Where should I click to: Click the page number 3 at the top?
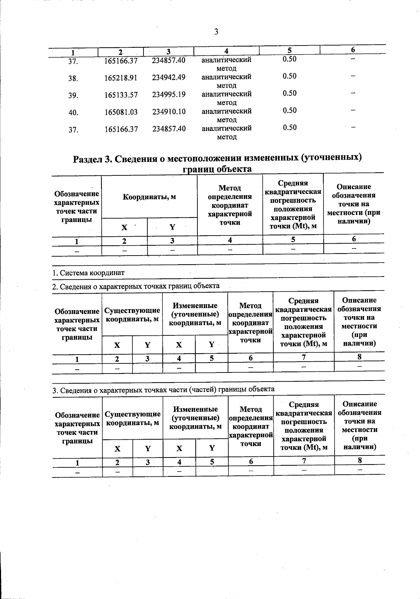click(x=216, y=32)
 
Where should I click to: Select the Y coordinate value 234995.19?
click(x=169, y=95)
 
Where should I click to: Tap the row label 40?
click(x=73, y=113)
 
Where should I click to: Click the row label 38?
click(x=73, y=79)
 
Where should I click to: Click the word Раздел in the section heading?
click(x=87, y=159)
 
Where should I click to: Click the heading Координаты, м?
click(x=149, y=197)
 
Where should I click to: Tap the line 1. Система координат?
click(x=88, y=273)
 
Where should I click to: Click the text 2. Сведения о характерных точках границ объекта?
click(x=136, y=286)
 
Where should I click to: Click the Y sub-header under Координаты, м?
click(x=172, y=227)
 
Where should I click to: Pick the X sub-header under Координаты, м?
click(x=124, y=227)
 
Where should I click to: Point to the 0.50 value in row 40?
click(x=289, y=111)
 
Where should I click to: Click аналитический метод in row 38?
click(x=226, y=81)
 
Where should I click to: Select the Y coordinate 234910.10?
click(x=169, y=112)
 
